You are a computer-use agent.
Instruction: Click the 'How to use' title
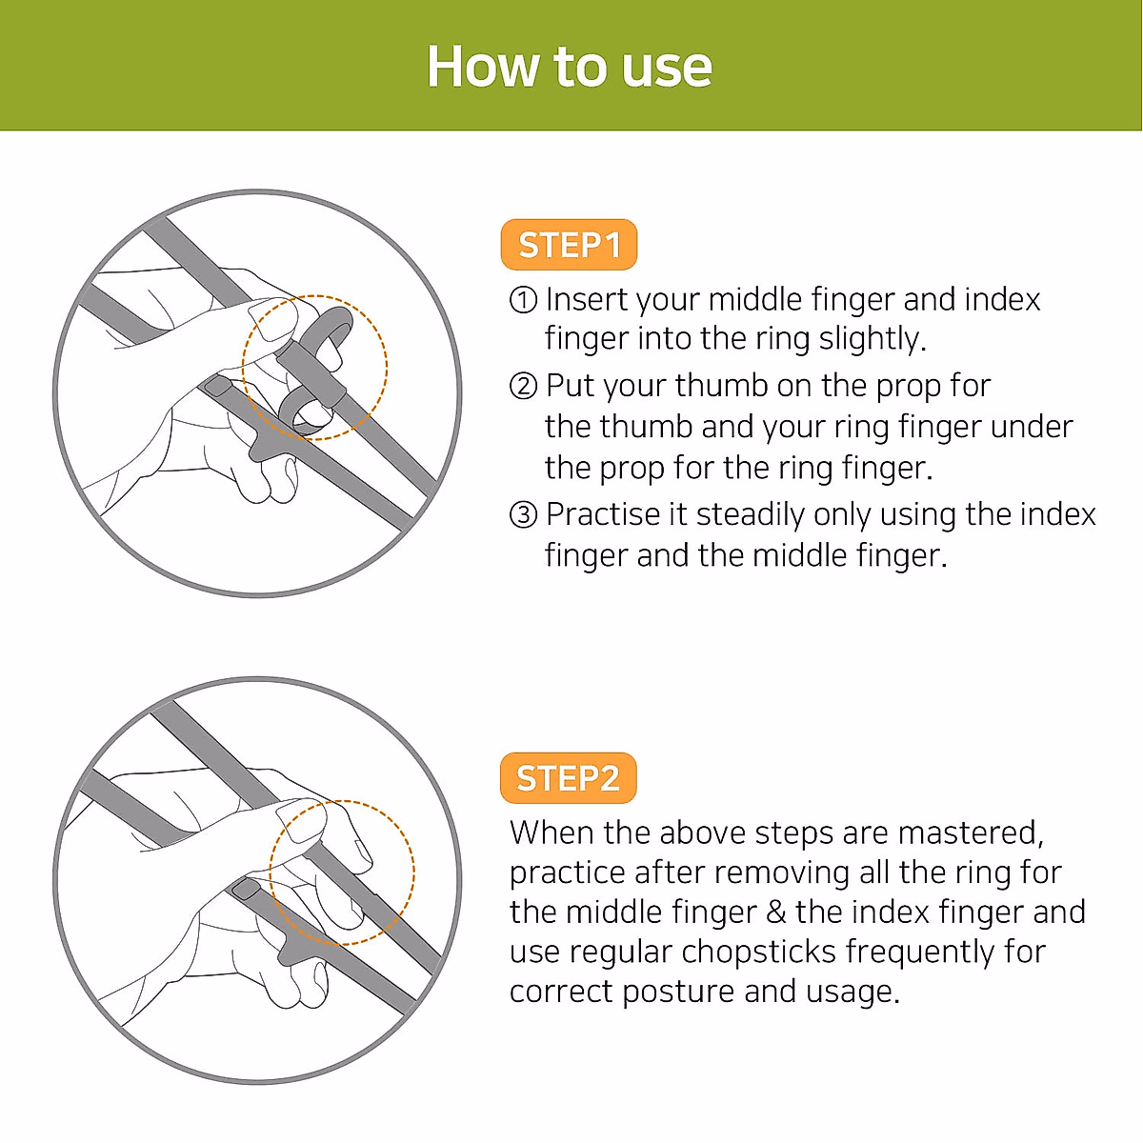point(569,67)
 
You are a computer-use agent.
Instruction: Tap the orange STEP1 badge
point(569,246)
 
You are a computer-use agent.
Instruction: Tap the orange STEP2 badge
point(568,778)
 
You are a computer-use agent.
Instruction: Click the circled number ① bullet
point(523,300)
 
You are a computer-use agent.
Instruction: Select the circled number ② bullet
point(523,386)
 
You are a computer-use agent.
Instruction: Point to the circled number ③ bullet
point(523,515)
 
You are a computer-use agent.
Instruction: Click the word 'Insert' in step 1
point(587,300)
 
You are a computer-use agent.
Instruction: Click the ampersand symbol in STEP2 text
point(775,912)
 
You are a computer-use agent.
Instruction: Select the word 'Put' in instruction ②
point(570,386)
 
